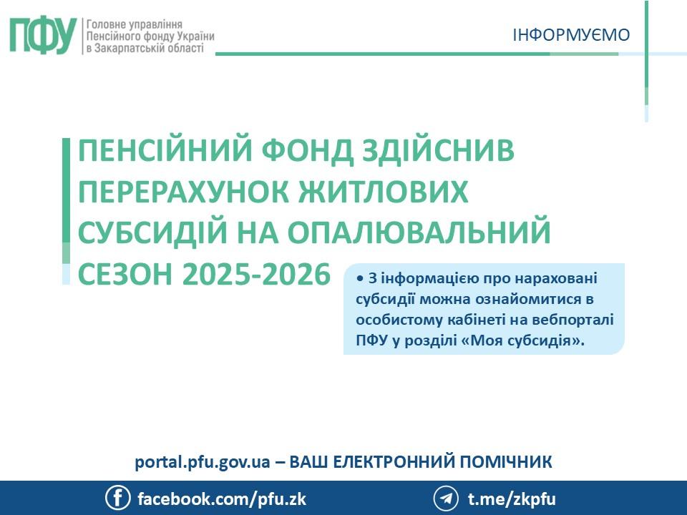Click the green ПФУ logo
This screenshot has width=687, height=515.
tap(42, 35)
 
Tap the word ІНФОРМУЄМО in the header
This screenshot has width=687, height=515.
tap(571, 34)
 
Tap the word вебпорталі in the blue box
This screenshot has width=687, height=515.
tap(581, 319)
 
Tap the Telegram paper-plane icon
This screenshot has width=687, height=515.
tap(446, 498)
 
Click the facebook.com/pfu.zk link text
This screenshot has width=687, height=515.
tap(221, 499)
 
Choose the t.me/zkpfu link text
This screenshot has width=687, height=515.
tap(511, 499)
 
